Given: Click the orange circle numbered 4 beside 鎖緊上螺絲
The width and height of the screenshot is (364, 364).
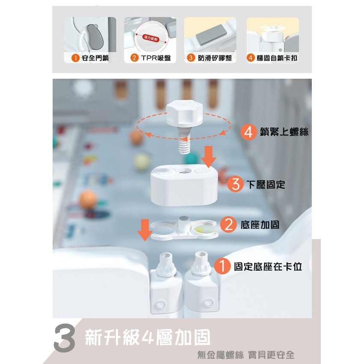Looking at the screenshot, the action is [x=249, y=132].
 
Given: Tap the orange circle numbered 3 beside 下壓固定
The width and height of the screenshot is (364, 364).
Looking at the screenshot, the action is [x=236, y=184].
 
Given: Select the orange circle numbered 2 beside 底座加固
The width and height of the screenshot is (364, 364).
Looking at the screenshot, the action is [x=228, y=225].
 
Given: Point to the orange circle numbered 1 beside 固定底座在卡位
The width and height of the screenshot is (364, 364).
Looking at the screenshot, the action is [x=222, y=266].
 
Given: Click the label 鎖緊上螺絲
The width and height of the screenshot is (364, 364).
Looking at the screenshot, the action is [x=284, y=132].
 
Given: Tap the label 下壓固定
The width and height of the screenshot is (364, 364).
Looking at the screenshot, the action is [x=266, y=184].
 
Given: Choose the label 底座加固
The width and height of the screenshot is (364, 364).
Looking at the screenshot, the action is [x=260, y=225].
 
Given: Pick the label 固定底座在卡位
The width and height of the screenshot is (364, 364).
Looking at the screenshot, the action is [x=268, y=266].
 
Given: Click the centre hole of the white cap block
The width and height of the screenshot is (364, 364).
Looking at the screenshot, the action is [x=184, y=172].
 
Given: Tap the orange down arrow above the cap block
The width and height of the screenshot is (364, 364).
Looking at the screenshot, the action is [x=208, y=157].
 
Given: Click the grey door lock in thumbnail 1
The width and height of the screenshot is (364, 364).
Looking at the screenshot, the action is [x=95, y=37].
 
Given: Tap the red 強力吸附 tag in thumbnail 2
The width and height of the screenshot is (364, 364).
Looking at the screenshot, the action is [x=151, y=38].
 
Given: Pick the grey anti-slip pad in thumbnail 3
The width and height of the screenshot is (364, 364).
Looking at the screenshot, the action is [x=210, y=35].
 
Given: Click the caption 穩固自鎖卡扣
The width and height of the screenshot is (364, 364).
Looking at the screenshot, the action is [x=277, y=58].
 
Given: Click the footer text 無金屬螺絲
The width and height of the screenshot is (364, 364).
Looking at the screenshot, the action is [x=220, y=355].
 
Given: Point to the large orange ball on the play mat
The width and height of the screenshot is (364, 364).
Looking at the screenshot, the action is [x=88, y=199].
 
